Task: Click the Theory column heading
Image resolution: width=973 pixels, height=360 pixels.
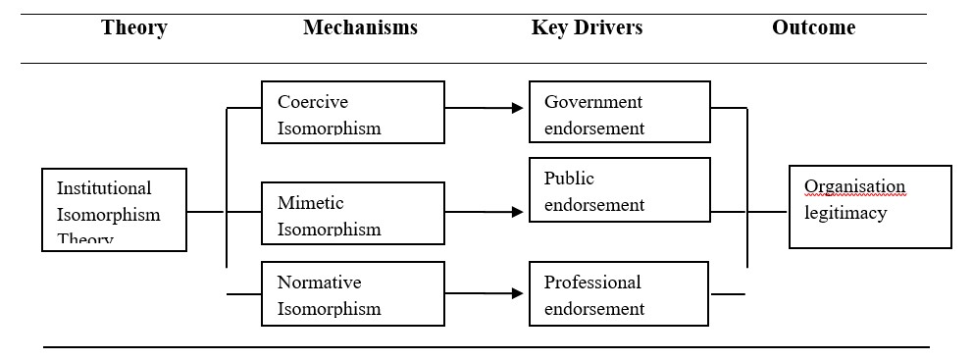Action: [x=133, y=27]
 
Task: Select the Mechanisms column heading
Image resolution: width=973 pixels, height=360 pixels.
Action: [x=360, y=27]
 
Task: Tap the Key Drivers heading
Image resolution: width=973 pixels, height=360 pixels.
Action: [x=587, y=27]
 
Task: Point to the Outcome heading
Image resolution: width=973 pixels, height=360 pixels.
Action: [x=813, y=27]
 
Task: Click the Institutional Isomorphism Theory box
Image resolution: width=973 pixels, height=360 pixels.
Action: [x=114, y=210]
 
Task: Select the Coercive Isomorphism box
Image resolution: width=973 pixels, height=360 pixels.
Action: [x=352, y=112]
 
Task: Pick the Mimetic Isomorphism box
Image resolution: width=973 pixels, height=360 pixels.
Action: [x=352, y=213]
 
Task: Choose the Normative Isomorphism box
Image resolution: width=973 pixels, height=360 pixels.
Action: [x=352, y=293]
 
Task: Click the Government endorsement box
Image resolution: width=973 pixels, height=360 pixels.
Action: [x=619, y=112]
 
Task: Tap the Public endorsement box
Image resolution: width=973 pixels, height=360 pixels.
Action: [x=619, y=190]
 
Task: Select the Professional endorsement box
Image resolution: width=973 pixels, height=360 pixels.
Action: [x=619, y=293]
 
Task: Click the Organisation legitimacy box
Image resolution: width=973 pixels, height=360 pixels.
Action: [x=869, y=206]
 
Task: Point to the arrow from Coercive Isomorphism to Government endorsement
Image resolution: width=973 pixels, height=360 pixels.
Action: [x=486, y=108]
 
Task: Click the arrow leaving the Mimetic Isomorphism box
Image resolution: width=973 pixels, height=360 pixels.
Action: [x=486, y=211]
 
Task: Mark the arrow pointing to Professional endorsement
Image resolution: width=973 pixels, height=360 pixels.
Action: [x=486, y=293]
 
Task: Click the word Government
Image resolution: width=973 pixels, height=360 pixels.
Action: [x=593, y=102]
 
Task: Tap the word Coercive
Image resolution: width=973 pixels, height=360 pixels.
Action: [x=313, y=102]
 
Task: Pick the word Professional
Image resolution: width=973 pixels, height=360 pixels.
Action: [x=592, y=283]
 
